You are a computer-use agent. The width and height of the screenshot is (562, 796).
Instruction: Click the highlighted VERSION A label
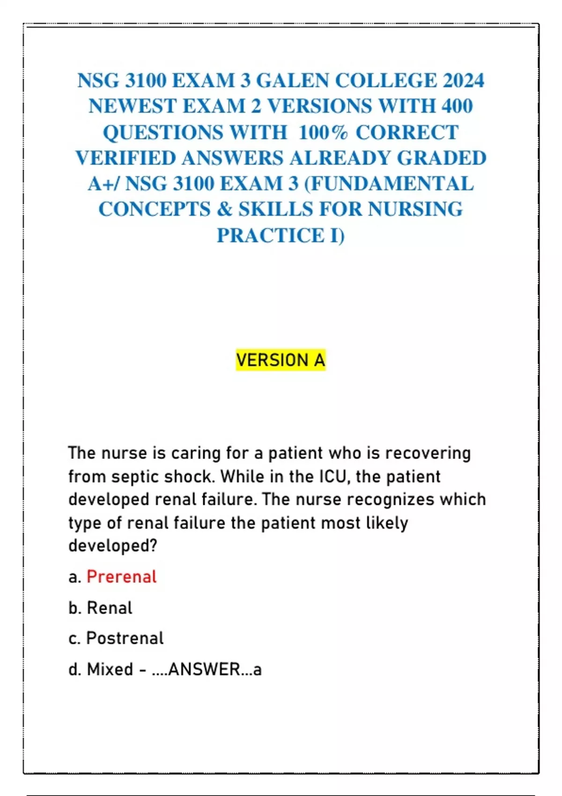pos(280,360)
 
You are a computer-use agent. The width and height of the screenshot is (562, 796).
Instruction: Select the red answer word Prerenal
pos(121,577)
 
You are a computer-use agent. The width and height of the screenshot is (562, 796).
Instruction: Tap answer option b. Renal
pos(100,608)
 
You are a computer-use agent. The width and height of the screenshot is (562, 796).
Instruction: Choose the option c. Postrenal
pos(116,638)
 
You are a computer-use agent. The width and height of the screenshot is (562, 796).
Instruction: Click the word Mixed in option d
pos(110,669)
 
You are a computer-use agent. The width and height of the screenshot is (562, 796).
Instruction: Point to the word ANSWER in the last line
pos(204,669)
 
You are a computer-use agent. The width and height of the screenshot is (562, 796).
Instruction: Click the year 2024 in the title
pos(463,81)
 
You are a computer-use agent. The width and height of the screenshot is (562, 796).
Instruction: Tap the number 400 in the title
pos(457,106)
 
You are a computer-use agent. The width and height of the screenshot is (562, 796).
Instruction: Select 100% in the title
pos(323,133)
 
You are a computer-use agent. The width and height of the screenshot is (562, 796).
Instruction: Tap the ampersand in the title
pos(224,209)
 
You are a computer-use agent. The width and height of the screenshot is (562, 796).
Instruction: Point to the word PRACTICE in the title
pos(270,235)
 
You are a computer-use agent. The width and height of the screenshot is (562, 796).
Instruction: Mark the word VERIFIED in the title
pos(125,158)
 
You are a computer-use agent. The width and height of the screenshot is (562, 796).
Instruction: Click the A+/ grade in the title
pos(103,184)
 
